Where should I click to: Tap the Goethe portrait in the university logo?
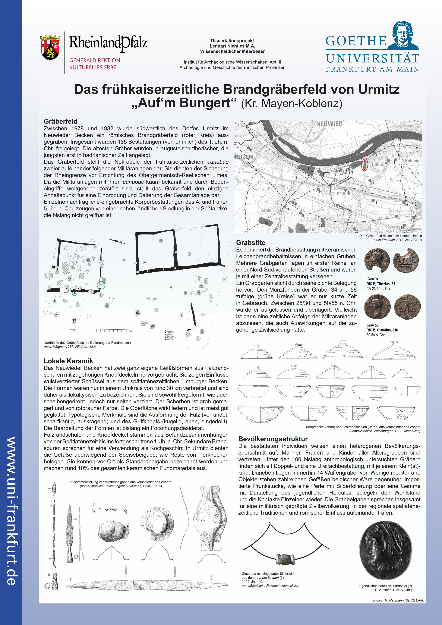coord(404,35)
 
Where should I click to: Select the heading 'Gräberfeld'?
coord(60,121)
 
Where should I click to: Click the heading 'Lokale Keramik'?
coord(68,361)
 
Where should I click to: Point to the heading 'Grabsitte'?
coord(250,242)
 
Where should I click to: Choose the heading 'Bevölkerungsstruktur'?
coord(273,439)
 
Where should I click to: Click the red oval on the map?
coord(364,164)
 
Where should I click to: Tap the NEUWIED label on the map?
coord(329,124)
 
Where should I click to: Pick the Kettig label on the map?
coord(266,210)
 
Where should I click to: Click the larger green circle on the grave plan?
coord(101,285)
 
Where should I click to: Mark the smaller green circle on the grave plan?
coord(74,293)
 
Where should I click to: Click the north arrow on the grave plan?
coord(117,241)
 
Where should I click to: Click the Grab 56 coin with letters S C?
coord(407,307)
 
